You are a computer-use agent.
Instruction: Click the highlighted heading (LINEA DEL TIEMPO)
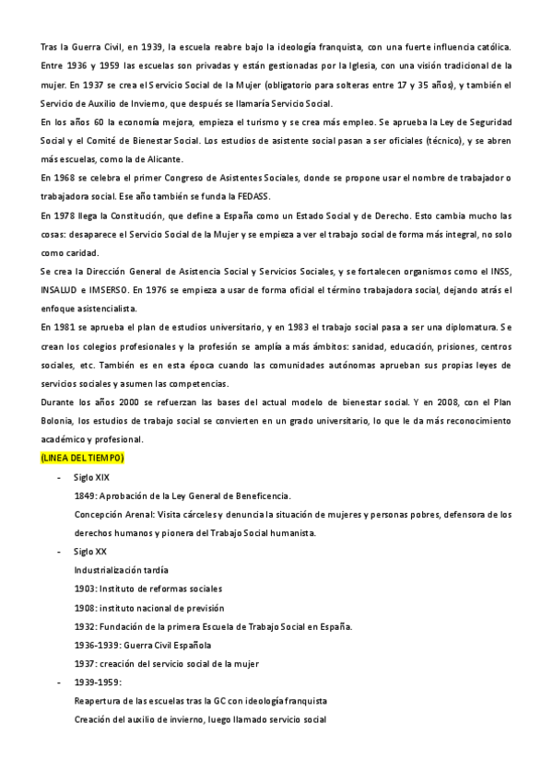[83, 458]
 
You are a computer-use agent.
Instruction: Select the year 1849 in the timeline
[84, 495]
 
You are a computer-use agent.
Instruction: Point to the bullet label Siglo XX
[90, 552]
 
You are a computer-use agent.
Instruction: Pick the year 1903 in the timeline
[84, 589]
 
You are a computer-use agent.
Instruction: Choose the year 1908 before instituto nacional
[84, 608]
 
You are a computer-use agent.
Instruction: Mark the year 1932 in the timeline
[84, 626]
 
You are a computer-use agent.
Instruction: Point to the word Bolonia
[59, 421]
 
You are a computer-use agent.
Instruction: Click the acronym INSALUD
[61, 290]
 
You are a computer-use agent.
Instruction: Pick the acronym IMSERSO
[109, 290]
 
